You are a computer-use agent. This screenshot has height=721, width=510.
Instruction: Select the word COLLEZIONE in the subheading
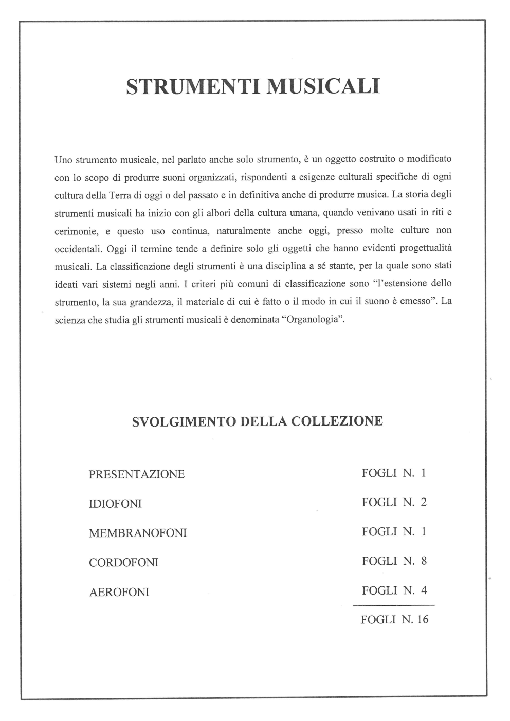pyautogui.click(x=337, y=421)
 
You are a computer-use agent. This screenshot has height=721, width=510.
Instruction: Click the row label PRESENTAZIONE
pyautogui.click(x=136, y=474)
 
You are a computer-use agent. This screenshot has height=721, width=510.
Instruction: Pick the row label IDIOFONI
pyautogui.click(x=115, y=504)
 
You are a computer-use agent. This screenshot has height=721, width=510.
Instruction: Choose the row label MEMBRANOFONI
pyautogui.click(x=137, y=533)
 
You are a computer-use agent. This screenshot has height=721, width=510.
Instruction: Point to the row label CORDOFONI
pyautogui.click(x=123, y=562)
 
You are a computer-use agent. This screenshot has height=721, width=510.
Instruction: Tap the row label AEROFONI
pyautogui.click(x=119, y=592)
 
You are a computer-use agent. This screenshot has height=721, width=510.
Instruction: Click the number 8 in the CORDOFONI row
pyautogui.click(x=424, y=561)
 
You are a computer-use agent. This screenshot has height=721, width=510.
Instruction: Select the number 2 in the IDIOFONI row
pyautogui.click(x=424, y=502)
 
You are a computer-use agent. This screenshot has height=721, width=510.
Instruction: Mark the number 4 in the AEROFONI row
pyautogui.click(x=424, y=590)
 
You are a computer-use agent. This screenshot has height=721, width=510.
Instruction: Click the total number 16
pyautogui.click(x=422, y=619)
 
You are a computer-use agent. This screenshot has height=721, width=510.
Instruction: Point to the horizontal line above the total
pyautogui.click(x=393, y=605)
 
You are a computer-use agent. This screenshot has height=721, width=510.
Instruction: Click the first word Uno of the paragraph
pyautogui.click(x=63, y=160)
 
